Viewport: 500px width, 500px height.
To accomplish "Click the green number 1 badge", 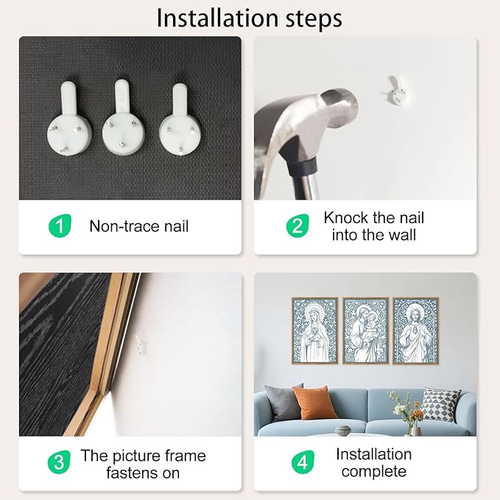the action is (60, 226).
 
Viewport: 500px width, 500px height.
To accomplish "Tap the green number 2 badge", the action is (297, 226).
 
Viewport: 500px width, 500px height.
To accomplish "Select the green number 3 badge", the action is (59, 462).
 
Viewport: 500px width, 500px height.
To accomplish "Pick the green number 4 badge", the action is (303, 462).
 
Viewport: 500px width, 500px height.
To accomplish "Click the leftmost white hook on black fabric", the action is (69, 119).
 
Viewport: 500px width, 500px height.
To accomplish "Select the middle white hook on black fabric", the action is (124, 118).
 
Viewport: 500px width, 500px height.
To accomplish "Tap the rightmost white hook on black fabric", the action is (180, 119).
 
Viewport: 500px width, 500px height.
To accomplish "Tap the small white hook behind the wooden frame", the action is (141, 345).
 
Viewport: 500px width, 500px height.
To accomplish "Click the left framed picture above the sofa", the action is (314, 331).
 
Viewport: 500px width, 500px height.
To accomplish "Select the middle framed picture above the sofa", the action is (365, 331).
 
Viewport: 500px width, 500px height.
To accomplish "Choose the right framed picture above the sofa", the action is (416, 331).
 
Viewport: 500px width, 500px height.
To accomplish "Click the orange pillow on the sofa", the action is (314, 402).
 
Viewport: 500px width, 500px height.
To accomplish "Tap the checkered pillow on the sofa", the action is (442, 404).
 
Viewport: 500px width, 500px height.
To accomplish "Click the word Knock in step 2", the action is (346, 218).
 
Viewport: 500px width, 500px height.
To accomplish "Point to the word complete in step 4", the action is (374, 471).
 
